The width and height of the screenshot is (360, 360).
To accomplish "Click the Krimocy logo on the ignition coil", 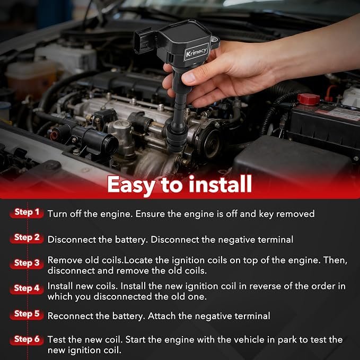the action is (x=197, y=51).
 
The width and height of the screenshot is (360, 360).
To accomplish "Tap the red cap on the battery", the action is (x=309, y=99).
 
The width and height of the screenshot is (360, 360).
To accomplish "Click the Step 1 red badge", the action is (x=27, y=213).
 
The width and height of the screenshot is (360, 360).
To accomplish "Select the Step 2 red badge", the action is (x=27, y=238).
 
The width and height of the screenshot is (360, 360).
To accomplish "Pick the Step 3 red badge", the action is (x=27, y=264).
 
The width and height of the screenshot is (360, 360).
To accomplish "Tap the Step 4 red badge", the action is (x=27, y=288).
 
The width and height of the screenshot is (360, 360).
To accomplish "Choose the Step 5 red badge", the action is (x=27, y=314).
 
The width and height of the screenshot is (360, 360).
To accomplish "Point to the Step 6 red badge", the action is (x=27, y=339).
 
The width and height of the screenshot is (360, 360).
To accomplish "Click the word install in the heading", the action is (x=221, y=184).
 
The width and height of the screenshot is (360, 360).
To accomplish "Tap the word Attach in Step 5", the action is (x=162, y=316).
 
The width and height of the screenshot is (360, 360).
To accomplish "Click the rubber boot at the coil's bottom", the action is (x=177, y=138).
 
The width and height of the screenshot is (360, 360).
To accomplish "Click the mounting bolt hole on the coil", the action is (x=214, y=40).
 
